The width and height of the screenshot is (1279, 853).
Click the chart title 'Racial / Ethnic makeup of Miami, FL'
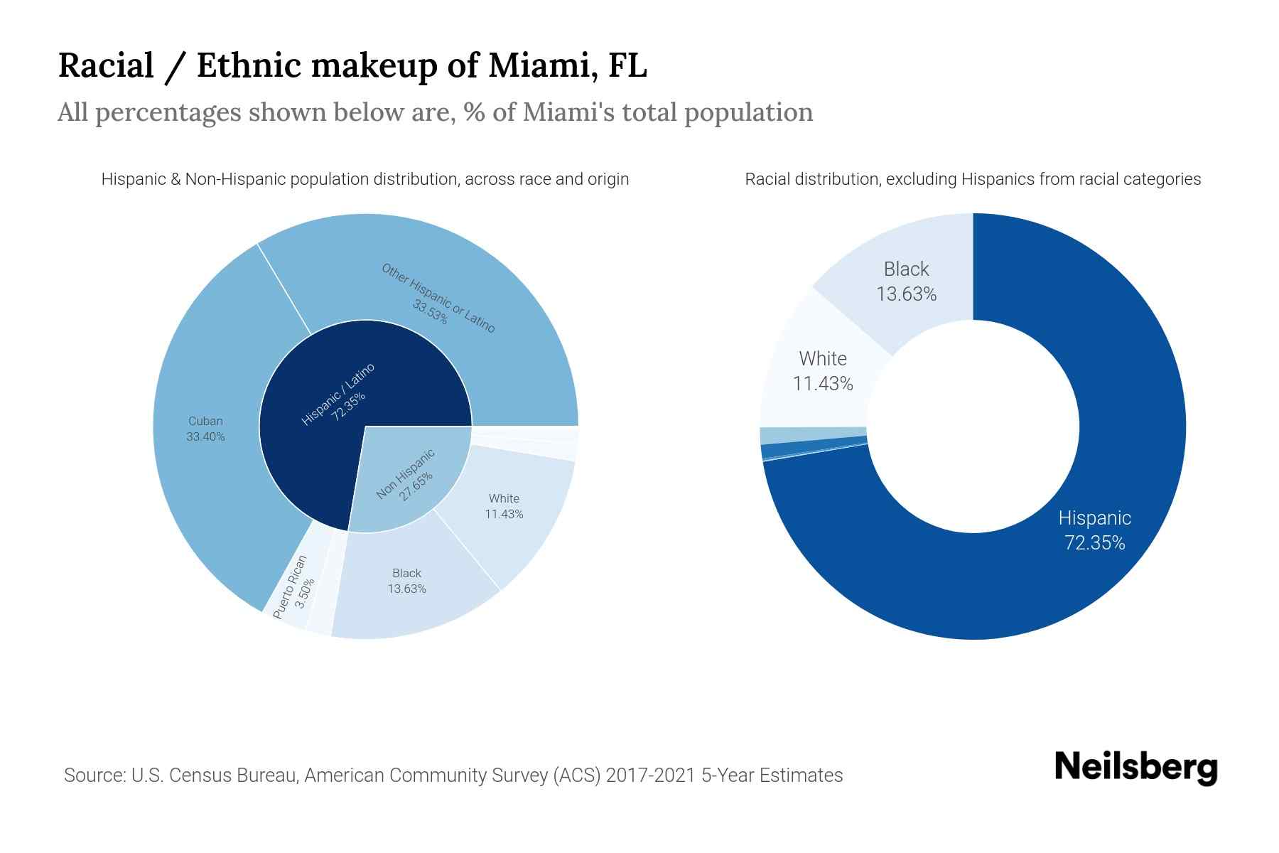tap(352, 65)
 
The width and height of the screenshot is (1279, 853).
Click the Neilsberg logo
tap(1135, 768)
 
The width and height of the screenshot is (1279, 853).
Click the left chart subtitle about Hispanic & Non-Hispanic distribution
tap(365, 179)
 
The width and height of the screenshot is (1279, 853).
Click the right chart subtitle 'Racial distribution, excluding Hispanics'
tap(973, 179)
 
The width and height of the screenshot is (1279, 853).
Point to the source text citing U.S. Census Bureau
tap(453, 775)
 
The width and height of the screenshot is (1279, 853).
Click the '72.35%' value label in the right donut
tap(1094, 543)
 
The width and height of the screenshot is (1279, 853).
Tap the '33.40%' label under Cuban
tap(205, 436)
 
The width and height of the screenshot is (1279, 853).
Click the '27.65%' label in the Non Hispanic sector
tap(416, 486)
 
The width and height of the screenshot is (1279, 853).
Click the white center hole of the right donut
tap(973, 426)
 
